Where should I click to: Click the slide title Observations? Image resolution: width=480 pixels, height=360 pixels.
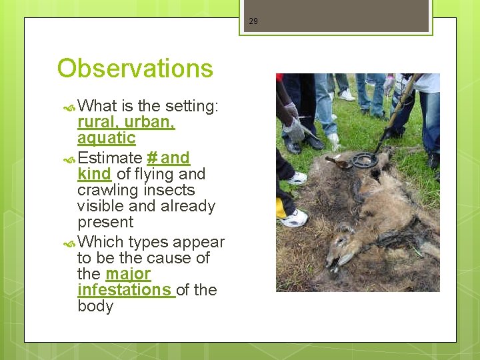click(x=135, y=69)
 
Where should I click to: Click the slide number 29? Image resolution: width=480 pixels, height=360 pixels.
click(x=253, y=21)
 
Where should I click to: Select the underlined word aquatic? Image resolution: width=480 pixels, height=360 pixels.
click(x=106, y=138)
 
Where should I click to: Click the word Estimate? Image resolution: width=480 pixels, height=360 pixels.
click(x=109, y=158)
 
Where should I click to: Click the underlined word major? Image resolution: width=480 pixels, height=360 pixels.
click(x=128, y=274)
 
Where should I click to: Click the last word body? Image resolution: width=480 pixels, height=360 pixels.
click(x=95, y=307)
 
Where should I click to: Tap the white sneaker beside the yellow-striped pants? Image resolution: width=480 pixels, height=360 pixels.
click(x=293, y=217)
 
